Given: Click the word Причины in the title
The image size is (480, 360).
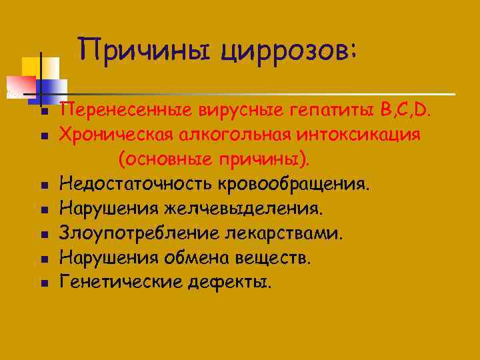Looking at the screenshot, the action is coord(145,49).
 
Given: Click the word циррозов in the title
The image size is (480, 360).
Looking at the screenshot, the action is coord(289,51).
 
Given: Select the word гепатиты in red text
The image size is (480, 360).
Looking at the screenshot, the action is coord(331,109).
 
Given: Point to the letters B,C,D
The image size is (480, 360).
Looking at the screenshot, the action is coord(405,109).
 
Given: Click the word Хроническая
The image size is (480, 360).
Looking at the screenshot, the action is coord(116,135).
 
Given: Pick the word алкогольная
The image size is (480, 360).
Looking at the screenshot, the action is coord(235,135).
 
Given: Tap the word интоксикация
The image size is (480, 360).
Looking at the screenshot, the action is coord(359,135).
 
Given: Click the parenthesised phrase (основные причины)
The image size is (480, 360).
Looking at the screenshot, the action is coord(214,159).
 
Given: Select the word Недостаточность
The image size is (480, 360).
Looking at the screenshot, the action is coord(135,184).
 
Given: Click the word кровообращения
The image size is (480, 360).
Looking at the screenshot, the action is coord(294,184).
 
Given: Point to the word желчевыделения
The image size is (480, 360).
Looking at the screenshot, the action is coord(244,209).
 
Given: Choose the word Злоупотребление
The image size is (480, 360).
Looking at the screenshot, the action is coord(139,233).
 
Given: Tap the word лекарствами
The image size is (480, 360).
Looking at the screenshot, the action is coord(284,233).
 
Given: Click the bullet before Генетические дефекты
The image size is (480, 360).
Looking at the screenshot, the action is coord(45,283).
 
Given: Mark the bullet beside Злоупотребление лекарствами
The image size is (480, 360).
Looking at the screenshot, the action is coord(45,235).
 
